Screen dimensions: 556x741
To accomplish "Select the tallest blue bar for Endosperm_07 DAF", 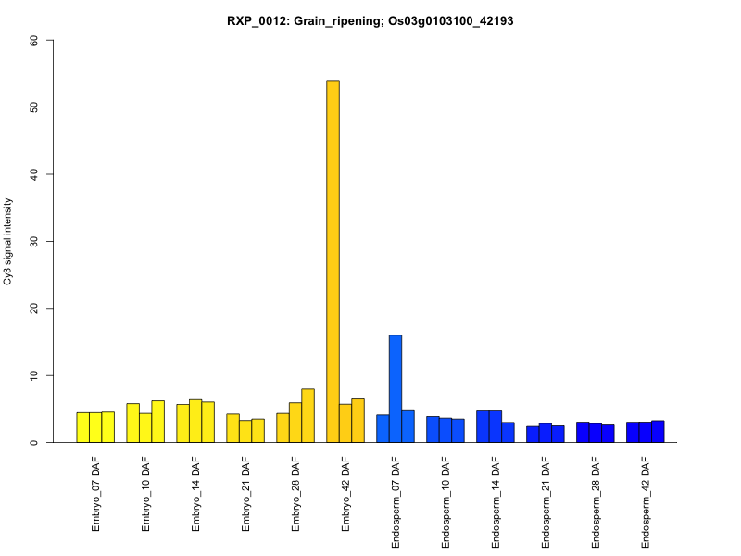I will click(396, 388).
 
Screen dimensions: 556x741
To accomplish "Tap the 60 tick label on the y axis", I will click(34, 40).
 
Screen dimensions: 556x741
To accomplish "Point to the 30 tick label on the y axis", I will click(34, 241).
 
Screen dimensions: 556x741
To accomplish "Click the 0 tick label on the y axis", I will click(34, 442).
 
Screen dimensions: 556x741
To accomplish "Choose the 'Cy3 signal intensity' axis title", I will click(8, 241).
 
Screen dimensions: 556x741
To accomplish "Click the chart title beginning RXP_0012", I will click(370, 20).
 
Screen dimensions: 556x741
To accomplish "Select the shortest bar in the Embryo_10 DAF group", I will click(145, 427).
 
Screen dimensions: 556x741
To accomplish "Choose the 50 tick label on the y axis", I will click(34, 107).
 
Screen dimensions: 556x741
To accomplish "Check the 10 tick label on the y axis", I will click(34, 375).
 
